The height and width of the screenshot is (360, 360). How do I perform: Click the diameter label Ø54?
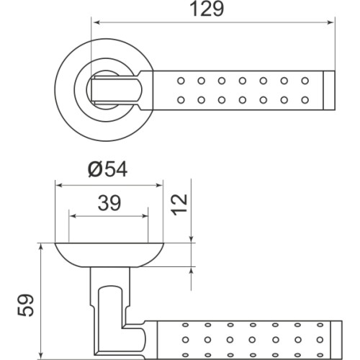(110, 170)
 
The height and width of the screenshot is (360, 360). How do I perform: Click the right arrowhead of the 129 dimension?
(332, 22)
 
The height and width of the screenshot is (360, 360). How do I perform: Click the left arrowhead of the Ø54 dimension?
(60, 184)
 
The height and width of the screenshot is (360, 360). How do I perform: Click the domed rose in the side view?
(110, 254)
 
